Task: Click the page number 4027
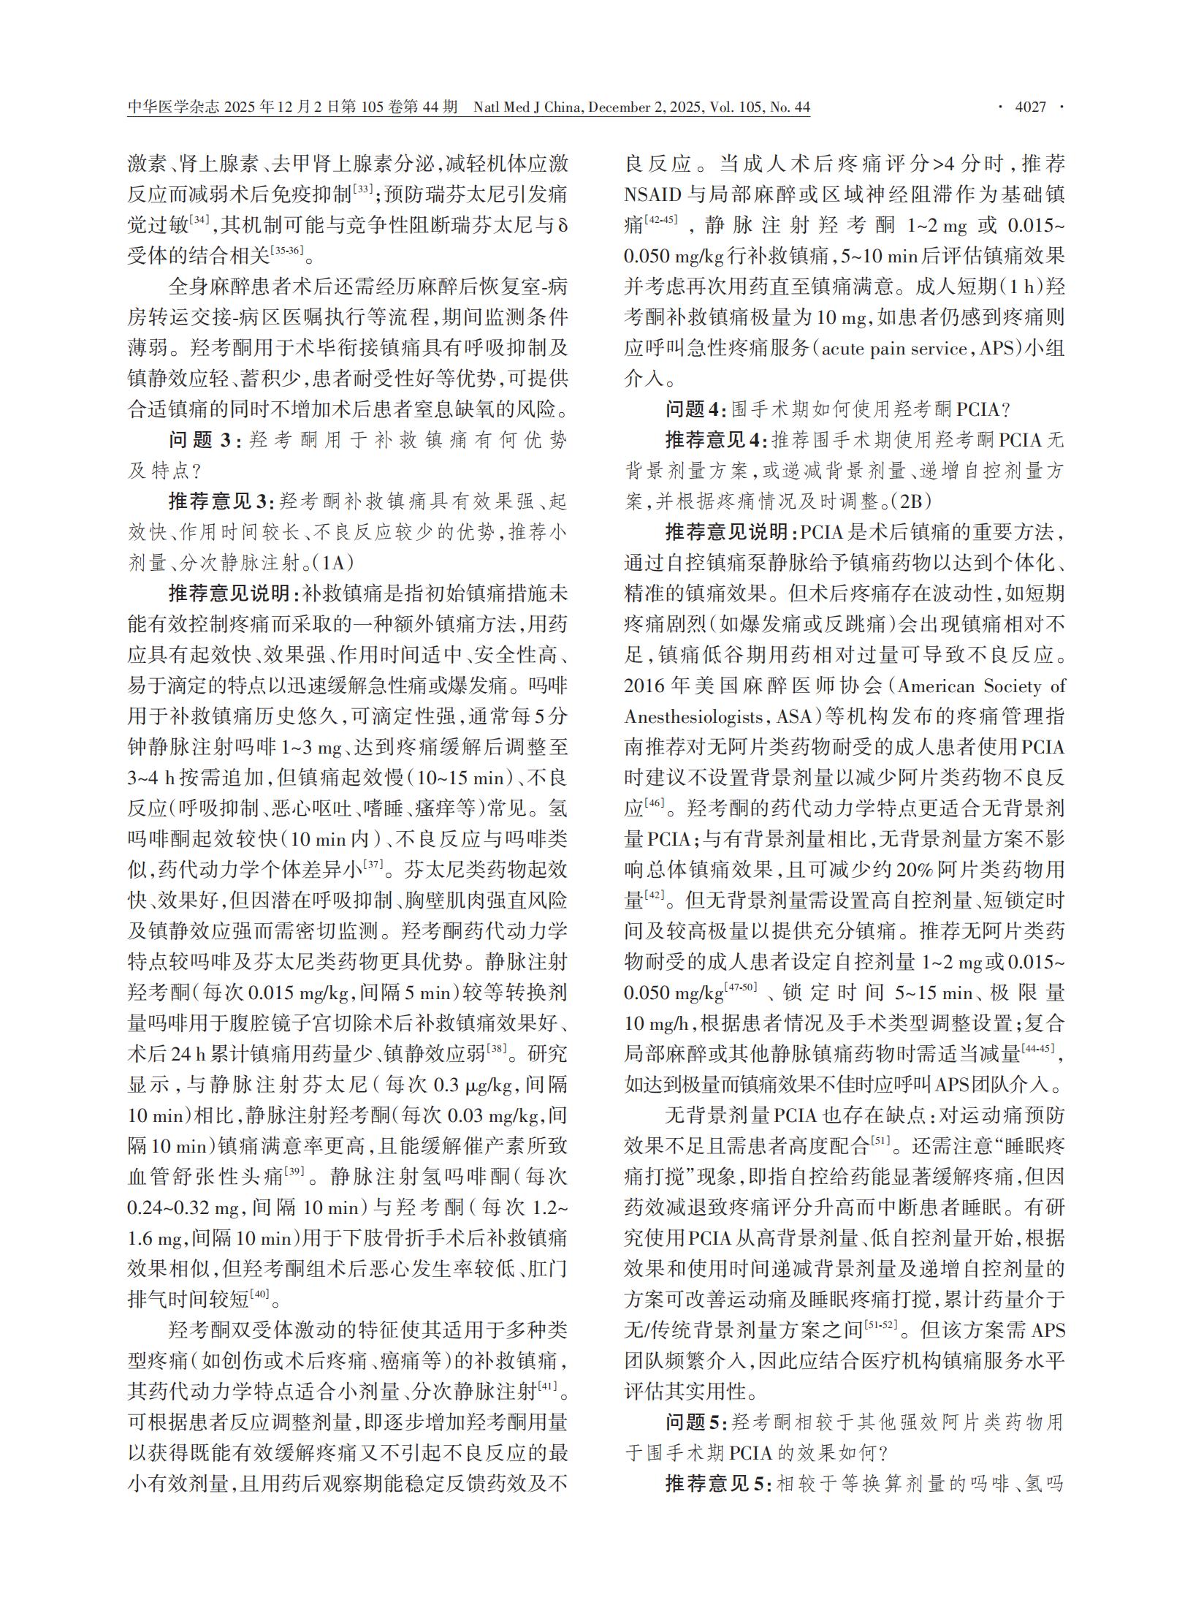point(1030,107)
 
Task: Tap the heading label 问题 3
point(200,440)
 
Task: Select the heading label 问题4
point(695,409)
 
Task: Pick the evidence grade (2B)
point(909,501)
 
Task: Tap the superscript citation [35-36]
point(286,251)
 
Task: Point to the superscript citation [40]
point(259,1295)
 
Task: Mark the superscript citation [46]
point(655,804)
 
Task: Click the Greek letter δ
point(562,226)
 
